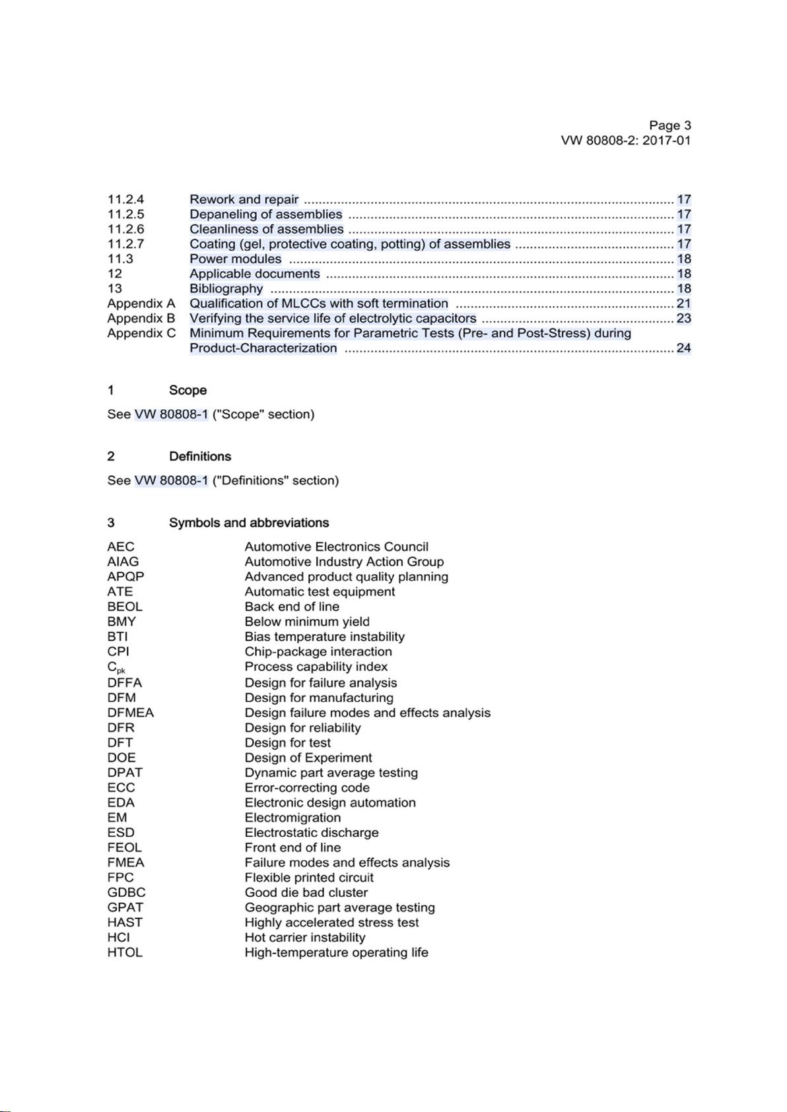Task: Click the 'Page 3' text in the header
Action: click(669, 125)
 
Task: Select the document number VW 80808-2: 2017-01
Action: click(625, 141)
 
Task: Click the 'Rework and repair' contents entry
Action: click(244, 199)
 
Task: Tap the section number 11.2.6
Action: click(125, 229)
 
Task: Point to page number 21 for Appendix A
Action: click(683, 304)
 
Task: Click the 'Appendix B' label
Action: click(141, 318)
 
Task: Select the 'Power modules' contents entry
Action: click(235, 259)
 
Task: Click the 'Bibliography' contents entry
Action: click(226, 288)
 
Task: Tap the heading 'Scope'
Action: click(188, 390)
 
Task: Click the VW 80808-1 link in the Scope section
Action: click(171, 414)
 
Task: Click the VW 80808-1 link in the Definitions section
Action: click(171, 480)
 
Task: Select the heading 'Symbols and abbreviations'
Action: click(248, 523)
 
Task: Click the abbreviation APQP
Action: click(125, 576)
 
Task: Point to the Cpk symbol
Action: click(116, 667)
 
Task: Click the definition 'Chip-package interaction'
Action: click(318, 651)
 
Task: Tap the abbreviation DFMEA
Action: click(130, 713)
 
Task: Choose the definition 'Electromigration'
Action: click(292, 818)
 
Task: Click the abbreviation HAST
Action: click(125, 923)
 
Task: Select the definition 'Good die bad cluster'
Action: click(306, 892)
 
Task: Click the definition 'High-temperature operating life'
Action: click(336, 952)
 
